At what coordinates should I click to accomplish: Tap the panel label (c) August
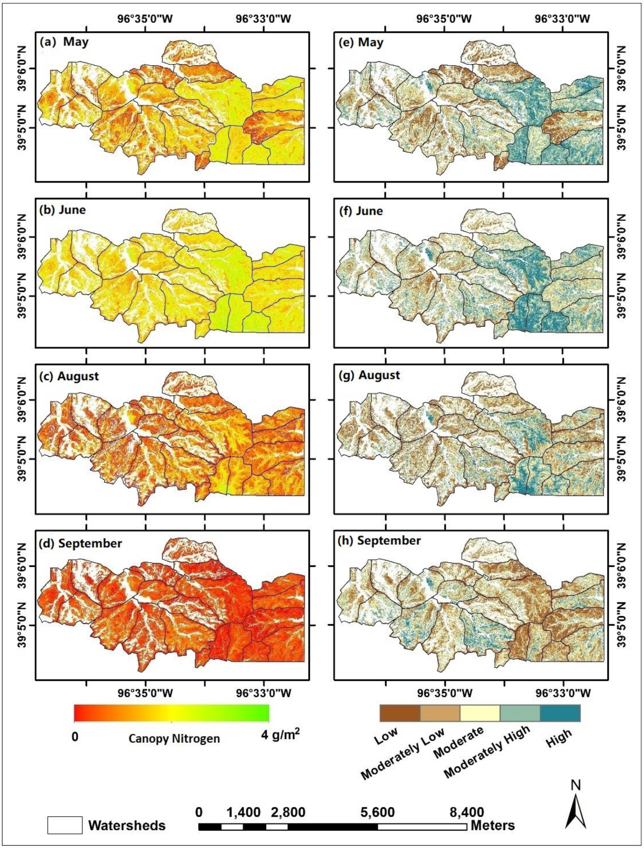pyautogui.click(x=69, y=376)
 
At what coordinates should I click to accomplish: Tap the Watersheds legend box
pyautogui.click(x=64, y=824)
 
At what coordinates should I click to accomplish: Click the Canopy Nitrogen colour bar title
pyautogui.click(x=174, y=738)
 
